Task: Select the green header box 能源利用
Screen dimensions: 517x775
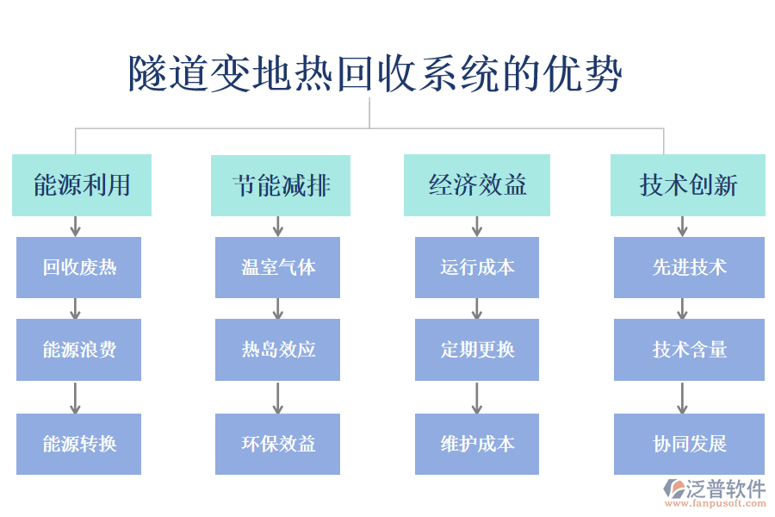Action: coord(82,185)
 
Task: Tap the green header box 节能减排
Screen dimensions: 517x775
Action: coord(281,185)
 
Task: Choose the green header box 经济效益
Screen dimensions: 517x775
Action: coord(477,185)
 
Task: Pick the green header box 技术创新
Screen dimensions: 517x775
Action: coord(688,185)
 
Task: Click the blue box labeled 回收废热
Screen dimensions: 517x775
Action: coord(78,267)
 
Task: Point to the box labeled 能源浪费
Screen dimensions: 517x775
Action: coord(78,349)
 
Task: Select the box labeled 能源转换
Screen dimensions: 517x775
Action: coord(78,444)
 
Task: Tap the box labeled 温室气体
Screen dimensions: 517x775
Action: coord(277,267)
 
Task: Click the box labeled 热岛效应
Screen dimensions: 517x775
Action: coord(277,349)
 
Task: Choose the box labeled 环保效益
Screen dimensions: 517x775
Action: coord(277,444)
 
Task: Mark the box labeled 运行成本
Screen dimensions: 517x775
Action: coord(477,267)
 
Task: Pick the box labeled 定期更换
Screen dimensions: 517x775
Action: coord(477,349)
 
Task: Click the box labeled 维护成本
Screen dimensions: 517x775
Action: coord(477,444)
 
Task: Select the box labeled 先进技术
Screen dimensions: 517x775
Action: coord(689,267)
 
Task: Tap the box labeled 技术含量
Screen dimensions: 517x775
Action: coord(689,349)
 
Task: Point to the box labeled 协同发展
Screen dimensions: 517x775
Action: coord(689,444)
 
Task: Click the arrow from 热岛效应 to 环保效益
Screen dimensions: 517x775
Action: coord(277,397)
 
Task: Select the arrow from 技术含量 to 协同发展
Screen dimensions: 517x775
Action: coord(682,397)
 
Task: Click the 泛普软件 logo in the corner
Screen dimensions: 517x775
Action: coord(714,492)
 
